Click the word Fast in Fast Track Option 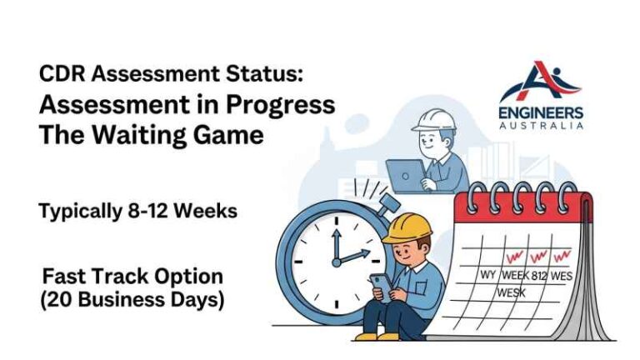point(63,276)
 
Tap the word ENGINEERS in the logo point(542,112)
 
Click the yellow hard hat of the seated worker point(407,227)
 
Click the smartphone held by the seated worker point(376,283)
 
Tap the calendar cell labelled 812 point(538,275)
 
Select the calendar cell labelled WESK point(512,293)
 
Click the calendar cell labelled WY point(487,275)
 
